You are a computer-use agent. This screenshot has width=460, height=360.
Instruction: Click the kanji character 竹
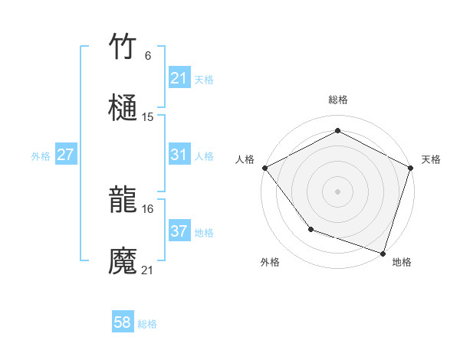pos(123,47)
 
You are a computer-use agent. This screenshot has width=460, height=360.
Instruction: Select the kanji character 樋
pos(123,108)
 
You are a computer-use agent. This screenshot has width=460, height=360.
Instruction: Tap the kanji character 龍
pos(123,200)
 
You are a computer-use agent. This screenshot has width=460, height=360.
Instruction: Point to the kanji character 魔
pos(123,261)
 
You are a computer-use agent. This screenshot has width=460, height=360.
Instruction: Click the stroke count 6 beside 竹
pos(147,56)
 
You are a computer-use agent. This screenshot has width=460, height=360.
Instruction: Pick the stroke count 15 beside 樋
pos(148,117)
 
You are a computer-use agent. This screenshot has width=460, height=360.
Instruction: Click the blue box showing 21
pos(179,78)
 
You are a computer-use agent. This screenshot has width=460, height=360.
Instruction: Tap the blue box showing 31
pos(179,155)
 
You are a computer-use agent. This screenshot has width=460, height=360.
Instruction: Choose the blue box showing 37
pos(179,231)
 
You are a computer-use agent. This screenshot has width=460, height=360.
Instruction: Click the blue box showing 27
pos(65,155)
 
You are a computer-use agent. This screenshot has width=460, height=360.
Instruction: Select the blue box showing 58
pos(123,323)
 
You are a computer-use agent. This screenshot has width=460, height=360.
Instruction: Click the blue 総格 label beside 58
pos(147,324)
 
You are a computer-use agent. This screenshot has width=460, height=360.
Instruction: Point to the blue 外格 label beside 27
pos(41,155)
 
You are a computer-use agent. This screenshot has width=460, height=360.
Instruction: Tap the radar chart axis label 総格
pos(337,100)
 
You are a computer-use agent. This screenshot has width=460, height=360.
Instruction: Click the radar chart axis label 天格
pos(431,159)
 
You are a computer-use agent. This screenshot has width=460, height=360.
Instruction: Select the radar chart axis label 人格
pos(245,159)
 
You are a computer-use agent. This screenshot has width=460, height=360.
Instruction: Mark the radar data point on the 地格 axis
pos(383,253)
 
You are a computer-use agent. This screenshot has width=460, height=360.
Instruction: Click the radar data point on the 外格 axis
pos(310,228)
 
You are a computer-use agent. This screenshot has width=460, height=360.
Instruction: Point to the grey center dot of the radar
pos(337,191)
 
